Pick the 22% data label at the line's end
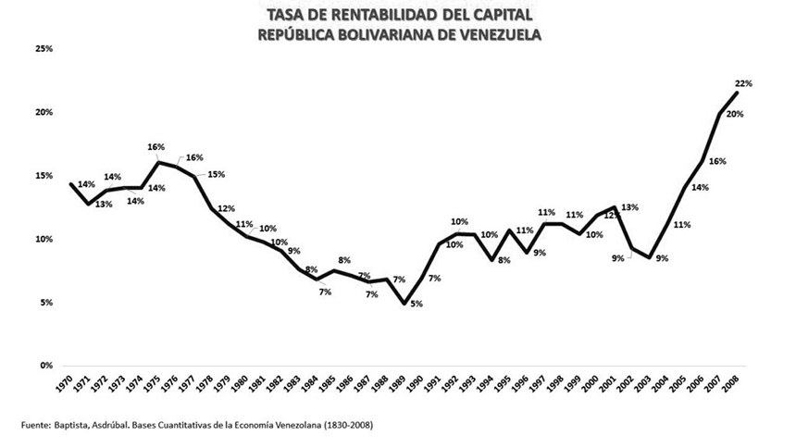pyautogui.click(x=744, y=83)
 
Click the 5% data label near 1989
pyautogui.click(x=417, y=304)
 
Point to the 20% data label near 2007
pyautogui.click(x=734, y=114)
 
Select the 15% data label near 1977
pyautogui.click(x=216, y=174)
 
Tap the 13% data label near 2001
pyautogui.click(x=630, y=207)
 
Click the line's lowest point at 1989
pyautogui.click(x=403, y=303)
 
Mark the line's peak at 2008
pyautogui.click(x=736, y=93)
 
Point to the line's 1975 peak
pyautogui.click(x=158, y=163)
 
